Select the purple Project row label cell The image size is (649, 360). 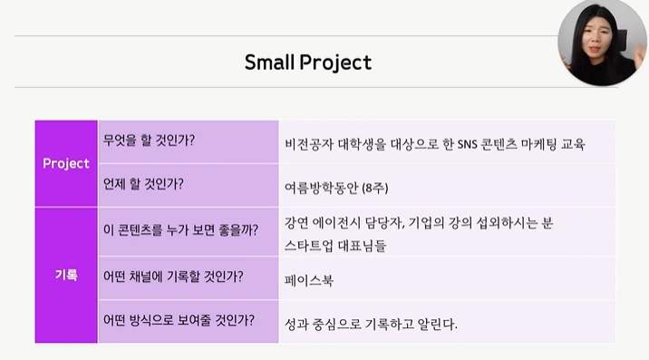click(x=66, y=163)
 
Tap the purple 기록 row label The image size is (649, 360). click(x=66, y=274)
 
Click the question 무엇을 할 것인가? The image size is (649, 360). click(x=150, y=141)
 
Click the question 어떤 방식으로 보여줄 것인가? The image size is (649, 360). click(x=179, y=320)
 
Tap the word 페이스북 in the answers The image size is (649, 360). click(x=309, y=280)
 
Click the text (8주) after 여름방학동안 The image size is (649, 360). click(x=373, y=189)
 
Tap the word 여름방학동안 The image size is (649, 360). click(x=321, y=189)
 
